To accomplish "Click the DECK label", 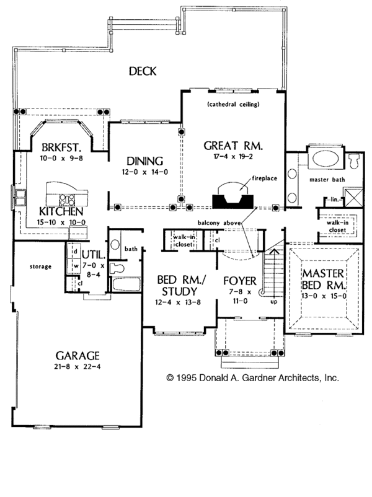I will pyautogui.click(x=143, y=71).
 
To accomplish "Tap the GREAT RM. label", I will pyautogui.click(x=234, y=147).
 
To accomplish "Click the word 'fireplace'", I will pyautogui.click(x=264, y=178).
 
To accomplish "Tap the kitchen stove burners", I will pyautogui.click(x=66, y=199).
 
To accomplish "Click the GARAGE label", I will pyautogui.click(x=78, y=356).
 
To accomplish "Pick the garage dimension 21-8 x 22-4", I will pyautogui.click(x=78, y=367).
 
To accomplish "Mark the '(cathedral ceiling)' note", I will pyautogui.click(x=233, y=103).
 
